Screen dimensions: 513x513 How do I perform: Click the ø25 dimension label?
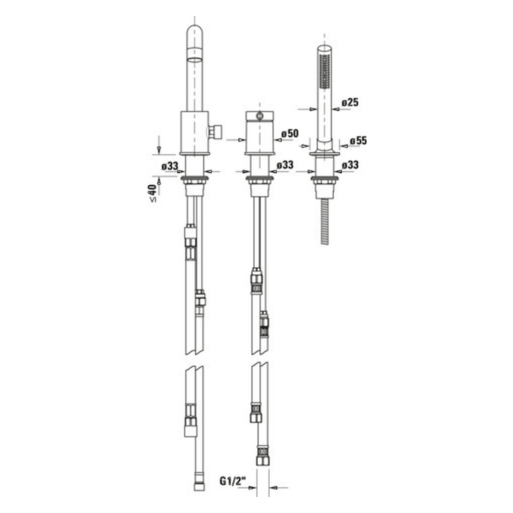pos(350,102)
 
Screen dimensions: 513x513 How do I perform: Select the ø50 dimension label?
pos(290,133)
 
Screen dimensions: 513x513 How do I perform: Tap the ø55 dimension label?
pos(358,141)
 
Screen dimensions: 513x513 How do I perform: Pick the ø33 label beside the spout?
pos(170,166)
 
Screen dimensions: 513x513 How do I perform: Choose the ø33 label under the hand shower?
pos(350,165)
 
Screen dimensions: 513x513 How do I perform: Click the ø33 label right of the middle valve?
pos(285,165)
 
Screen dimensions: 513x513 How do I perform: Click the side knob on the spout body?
pos(215,131)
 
